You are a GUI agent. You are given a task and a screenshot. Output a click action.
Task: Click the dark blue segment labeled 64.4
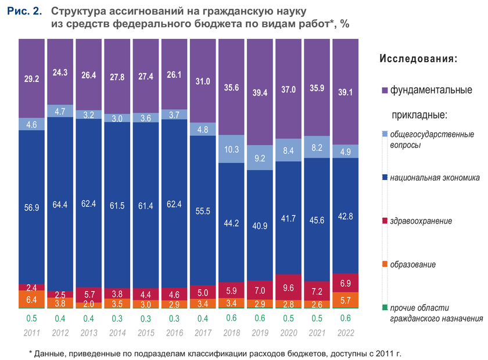pos(60,203)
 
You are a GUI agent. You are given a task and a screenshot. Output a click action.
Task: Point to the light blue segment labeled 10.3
pos(231,150)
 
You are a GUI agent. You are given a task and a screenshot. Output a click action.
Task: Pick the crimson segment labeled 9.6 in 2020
pos(288,287)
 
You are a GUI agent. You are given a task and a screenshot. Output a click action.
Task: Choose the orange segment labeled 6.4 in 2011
pos(32,299)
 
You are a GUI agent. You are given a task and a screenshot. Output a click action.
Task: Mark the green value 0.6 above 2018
pos(231,318)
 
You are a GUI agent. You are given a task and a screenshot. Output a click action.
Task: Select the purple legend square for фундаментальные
pos(385,91)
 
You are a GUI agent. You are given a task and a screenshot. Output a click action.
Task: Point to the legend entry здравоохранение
pos(421,221)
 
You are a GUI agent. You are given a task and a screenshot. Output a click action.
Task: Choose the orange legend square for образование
pos(385,265)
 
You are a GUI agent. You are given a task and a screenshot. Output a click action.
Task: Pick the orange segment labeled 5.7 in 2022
pos(345,300)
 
